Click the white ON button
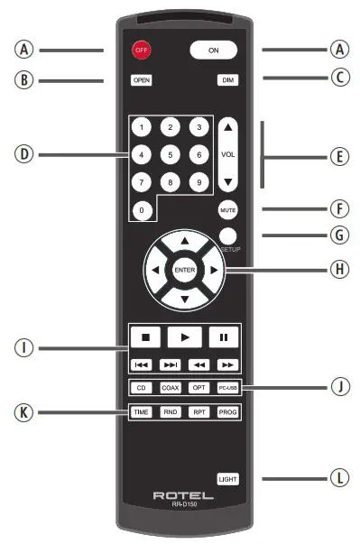[x=213, y=51]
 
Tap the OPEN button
[x=141, y=80]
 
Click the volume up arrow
[x=228, y=130]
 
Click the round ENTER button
[x=184, y=270]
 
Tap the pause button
[x=222, y=337]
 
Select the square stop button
[x=144, y=337]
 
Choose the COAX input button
[x=171, y=388]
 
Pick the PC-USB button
[x=227, y=388]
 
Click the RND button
[x=171, y=411]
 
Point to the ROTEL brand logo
[x=184, y=494]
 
